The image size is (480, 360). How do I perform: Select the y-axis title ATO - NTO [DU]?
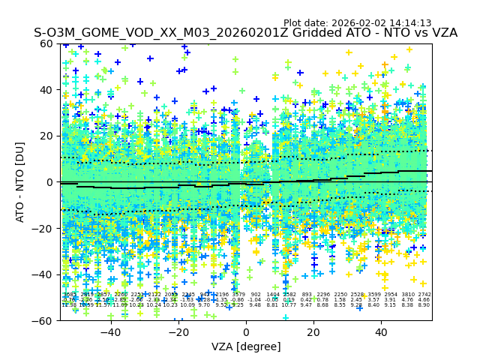click(x=21, y=182)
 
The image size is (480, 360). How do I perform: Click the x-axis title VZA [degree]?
click(x=246, y=346)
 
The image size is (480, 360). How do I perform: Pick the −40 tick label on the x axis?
click(x=110, y=331)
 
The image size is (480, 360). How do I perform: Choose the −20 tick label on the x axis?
click(x=178, y=331)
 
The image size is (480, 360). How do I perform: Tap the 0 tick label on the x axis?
click(x=246, y=331)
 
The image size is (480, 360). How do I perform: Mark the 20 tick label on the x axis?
click(x=313, y=331)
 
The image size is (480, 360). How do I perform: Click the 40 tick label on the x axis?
click(x=381, y=331)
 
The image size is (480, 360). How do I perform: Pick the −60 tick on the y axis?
click(x=46, y=320)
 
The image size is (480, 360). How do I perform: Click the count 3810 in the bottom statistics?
click(x=407, y=295)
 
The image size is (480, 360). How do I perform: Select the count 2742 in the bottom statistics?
click(x=424, y=295)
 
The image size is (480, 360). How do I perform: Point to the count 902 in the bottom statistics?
click(x=255, y=295)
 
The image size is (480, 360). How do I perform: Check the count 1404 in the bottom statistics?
click(x=272, y=295)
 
